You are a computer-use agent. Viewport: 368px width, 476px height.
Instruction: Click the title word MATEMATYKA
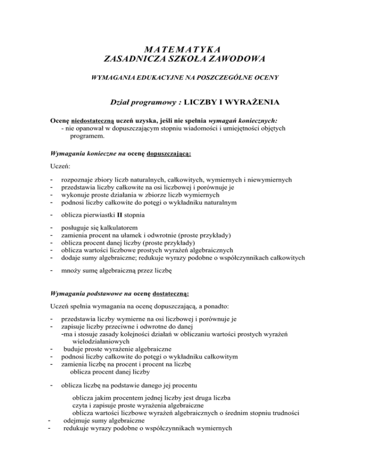(184, 49)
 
